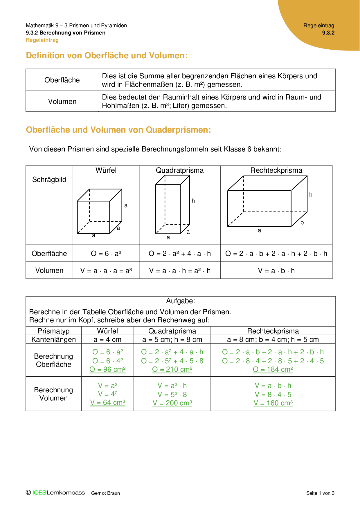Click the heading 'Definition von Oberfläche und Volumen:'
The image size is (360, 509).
[x=107, y=55]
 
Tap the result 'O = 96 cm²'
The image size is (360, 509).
[x=107, y=369]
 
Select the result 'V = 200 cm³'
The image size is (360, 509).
[x=172, y=403]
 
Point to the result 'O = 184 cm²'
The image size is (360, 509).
[x=273, y=369]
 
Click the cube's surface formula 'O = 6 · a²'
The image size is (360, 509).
[x=106, y=254]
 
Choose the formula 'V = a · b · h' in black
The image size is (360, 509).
[x=276, y=271]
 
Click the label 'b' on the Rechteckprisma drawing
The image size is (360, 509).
[x=302, y=223]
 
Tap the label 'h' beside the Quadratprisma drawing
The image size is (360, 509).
[x=193, y=201]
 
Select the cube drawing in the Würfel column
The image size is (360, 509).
[x=100, y=211]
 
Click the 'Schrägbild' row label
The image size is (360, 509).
[x=49, y=180]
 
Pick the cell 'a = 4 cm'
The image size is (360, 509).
[x=107, y=340]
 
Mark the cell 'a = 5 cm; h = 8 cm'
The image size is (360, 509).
[x=172, y=340]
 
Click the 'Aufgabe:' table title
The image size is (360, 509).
[x=181, y=301]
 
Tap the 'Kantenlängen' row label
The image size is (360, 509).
[x=54, y=340]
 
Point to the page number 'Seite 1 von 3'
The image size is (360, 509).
[x=320, y=493]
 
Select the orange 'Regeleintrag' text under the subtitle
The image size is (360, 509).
[x=42, y=40]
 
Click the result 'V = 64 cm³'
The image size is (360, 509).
[x=107, y=402]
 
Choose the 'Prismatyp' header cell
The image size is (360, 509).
[x=54, y=331]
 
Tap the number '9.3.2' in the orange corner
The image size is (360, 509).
[x=328, y=33]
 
